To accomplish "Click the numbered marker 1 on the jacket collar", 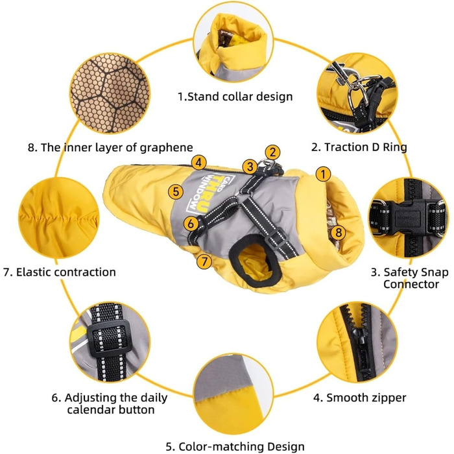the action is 323,174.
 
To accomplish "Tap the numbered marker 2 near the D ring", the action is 272,152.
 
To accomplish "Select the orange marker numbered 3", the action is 250,167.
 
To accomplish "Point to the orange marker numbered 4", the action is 198,162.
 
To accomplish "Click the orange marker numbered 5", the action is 176,192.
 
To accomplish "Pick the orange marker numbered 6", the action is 191,224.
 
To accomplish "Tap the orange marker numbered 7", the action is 204,261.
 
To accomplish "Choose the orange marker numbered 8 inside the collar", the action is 338,232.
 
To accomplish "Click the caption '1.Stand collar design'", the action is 235,97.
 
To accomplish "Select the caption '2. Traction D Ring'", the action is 359,147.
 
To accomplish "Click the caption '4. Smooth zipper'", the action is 359,398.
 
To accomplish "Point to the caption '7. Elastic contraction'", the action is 60,272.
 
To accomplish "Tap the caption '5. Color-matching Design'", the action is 235,446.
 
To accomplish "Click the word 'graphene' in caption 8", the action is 167,148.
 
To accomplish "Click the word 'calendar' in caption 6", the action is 91,410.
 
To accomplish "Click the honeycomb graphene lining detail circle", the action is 110,93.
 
